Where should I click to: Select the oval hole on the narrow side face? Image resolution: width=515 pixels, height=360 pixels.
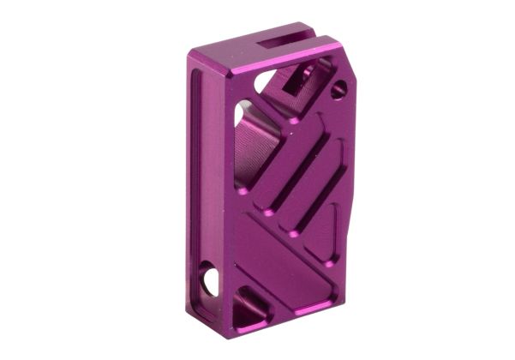coord(209,279)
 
